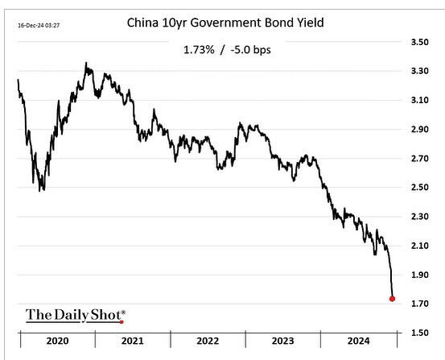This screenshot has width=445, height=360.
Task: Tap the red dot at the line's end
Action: [392, 299]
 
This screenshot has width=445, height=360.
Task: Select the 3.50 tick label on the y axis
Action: [420, 41]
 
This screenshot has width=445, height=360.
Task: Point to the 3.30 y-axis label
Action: [420, 71]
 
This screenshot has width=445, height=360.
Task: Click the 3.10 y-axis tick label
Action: [420, 100]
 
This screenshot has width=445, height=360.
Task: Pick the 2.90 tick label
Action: [420, 129]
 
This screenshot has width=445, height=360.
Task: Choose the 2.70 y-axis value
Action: [420, 158]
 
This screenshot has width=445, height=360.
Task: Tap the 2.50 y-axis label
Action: [420, 187]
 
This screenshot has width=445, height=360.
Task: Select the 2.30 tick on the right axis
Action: [420, 216]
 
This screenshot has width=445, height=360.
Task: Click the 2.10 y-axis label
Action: [420, 245]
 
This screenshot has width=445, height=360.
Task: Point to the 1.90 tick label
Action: [420, 274]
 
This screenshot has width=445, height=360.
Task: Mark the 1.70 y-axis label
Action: [420, 303]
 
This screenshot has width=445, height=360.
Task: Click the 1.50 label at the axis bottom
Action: [420, 332]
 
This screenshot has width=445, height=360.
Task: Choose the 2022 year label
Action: [208, 341]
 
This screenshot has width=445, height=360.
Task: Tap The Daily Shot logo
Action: [76, 314]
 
